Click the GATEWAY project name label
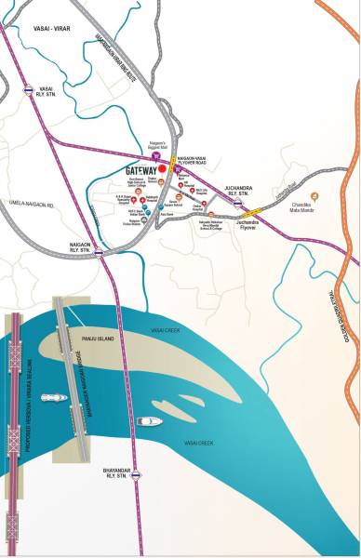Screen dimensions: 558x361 tap(142, 171)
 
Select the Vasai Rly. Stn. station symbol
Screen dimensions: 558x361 tap(27, 90)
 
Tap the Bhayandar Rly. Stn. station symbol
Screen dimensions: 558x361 tap(137, 475)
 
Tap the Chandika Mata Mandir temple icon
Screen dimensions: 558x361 tap(314, 198)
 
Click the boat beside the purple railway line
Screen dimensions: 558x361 tap(148, 422)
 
